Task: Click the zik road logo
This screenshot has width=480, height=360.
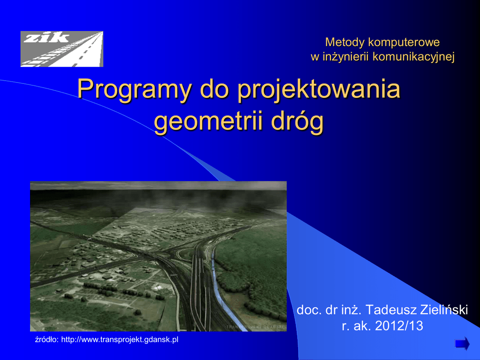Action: pos(62,49)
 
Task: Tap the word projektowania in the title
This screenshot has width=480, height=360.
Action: pos(319,90)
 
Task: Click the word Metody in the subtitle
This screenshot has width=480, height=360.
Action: pos(345,42)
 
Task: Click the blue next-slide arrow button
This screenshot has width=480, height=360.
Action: pos(462,344)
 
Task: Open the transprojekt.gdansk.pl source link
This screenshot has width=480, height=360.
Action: pos(120,339)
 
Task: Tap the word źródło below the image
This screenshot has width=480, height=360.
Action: pos(46,339)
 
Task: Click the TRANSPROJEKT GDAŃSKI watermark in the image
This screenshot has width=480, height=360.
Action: pos(255,327)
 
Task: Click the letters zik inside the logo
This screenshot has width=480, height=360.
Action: pos(46,37)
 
